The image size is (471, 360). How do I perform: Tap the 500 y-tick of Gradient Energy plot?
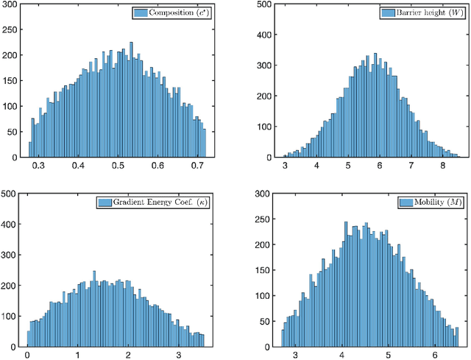[10, 194]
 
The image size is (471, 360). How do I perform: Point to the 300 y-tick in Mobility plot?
[265, 194]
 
